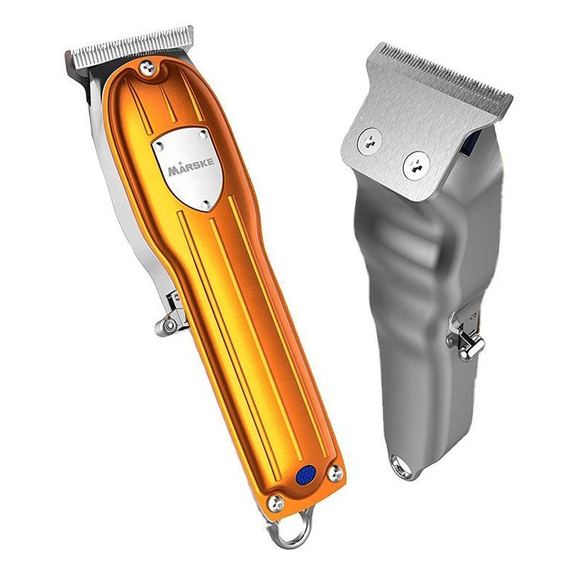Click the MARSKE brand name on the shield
coord(191,167)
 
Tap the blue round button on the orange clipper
coord(305,475)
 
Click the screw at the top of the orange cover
coord(148,67)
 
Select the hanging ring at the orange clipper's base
coord(290,528)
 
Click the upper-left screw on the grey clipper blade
coord(369,141)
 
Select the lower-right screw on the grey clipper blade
coord(416,165)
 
